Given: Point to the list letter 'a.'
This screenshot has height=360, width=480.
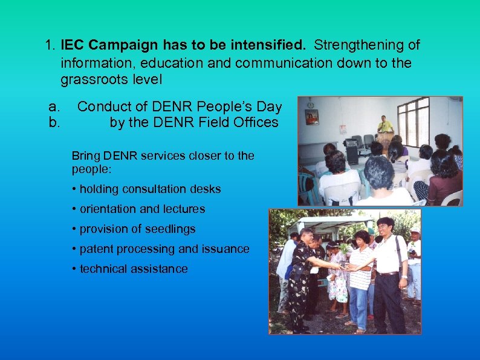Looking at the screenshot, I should (x=55, y=107).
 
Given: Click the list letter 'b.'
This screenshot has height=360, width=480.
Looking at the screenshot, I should (x=55, y=123).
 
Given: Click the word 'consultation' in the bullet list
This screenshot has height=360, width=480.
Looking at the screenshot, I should (x=152, y=189).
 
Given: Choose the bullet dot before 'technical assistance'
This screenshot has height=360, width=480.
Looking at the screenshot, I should (x=74, y=269).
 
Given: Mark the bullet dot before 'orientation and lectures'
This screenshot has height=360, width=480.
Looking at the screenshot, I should (x=74, y=209).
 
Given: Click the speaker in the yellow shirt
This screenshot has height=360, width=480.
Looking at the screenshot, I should (x=385, y=126).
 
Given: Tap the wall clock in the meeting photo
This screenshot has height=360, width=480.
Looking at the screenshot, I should (x=310, y=103).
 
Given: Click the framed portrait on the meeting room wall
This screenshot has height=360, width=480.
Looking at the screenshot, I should (x=312, y=117).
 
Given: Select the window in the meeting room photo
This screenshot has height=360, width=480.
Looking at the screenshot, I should (x=414, y=121).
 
